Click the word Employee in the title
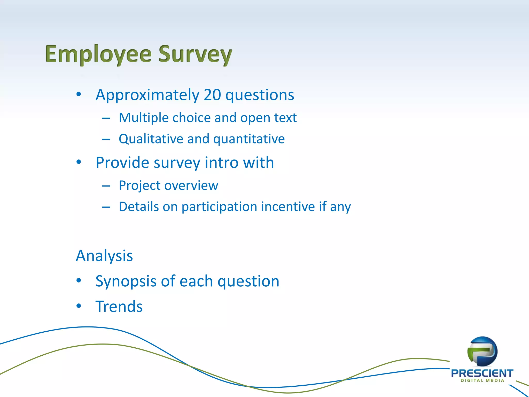(x=98, y=54)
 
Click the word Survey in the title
(x=195, y=54)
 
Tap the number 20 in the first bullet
(x=212, y=95)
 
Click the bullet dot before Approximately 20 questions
(x=79, y=94)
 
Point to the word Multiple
(x=144, y=118)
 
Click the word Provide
(x=122, y=163)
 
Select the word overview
(x=191, y=186)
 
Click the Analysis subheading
(x=104, y=256)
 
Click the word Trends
(x=119, y=307)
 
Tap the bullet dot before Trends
(x=79, y=306)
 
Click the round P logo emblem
(x=482, y=352)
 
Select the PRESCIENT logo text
(x=482, y=373)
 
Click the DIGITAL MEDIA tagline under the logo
(x=482, y=381)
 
